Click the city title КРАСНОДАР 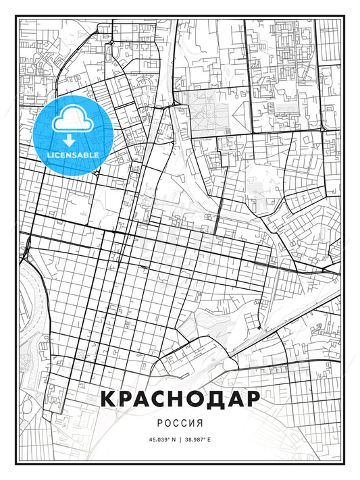tap(180, 399)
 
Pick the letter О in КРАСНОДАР tap(192, 399)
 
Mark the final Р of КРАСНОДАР tap(251, 399)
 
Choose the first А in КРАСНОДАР tap(133, 399)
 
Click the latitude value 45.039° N tap(161, 439)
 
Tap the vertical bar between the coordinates tap(180, 439)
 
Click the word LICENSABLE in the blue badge tap(72, 155)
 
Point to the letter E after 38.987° tap(209, 439)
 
